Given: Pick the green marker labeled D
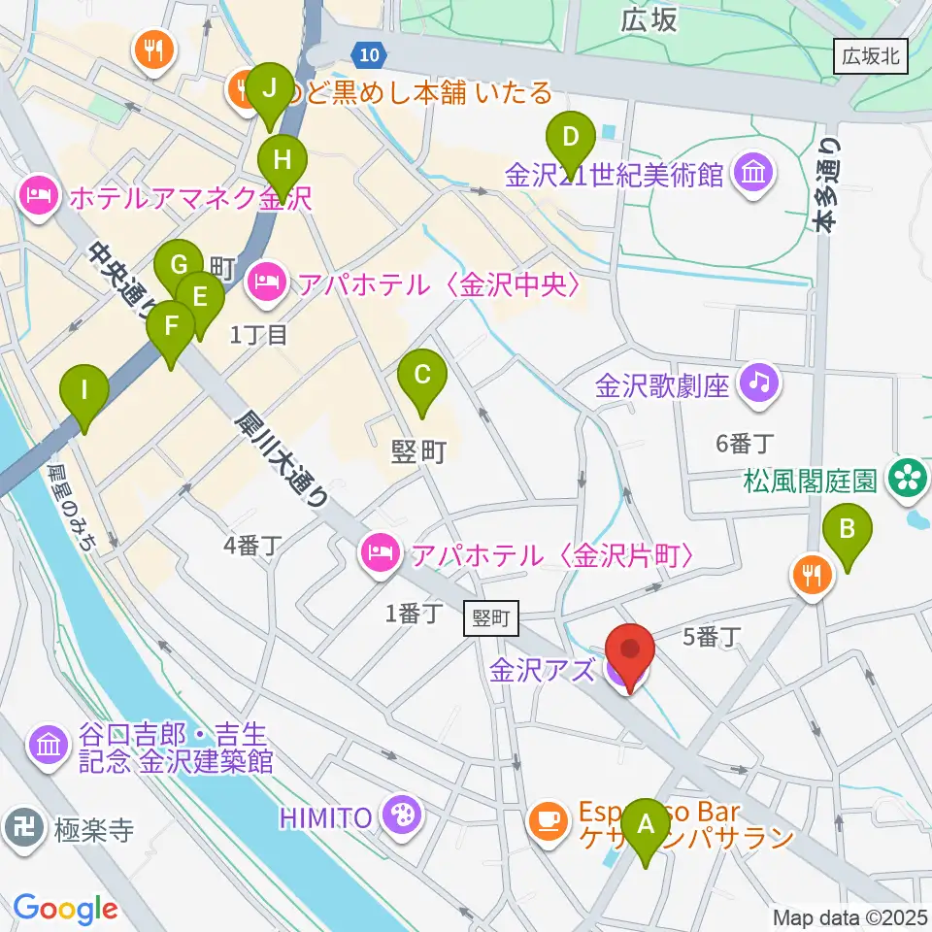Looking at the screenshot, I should coord(572,141).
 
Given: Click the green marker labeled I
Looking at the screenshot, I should coord(84,393).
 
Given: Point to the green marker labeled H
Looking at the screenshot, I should coord(282,159).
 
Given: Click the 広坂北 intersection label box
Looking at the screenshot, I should coord(871,57).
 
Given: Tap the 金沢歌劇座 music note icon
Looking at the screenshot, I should coord(759,381).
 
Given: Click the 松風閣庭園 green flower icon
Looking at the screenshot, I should coord(909,476).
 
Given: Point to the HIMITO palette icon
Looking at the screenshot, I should coord(398,814).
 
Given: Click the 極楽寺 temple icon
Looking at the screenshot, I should coord(21,827).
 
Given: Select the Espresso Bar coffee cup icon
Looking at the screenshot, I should coord(549,819).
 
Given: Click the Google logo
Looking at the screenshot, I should coord(65,908).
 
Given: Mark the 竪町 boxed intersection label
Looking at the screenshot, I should coord(492,616).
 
